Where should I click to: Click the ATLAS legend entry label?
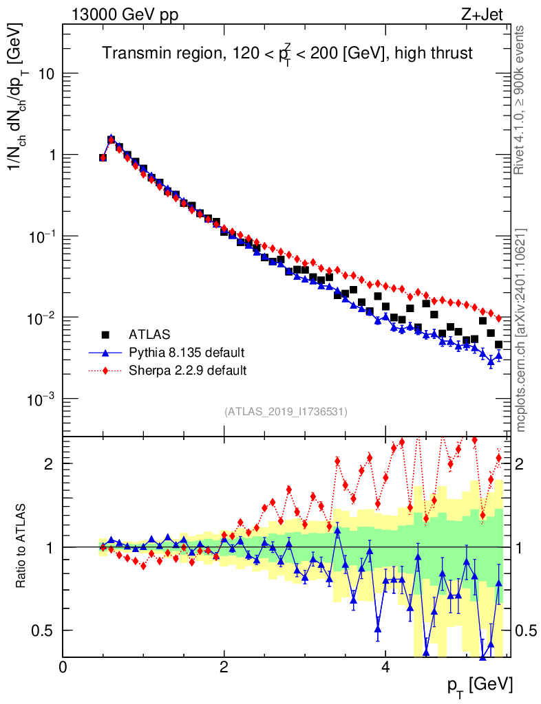pos(149,335)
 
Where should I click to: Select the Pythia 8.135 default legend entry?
pos(187,353)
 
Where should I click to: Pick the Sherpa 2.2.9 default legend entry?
pos(187,371)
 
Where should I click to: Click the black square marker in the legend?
pos(105,335)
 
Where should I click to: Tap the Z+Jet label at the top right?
pos(482,14)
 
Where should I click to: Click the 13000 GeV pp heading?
pos(125,14)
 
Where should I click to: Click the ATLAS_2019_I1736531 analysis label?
pos(286,412)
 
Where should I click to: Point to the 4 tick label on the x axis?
pos(385,667)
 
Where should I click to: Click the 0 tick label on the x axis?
pos(63,667)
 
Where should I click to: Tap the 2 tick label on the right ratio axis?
pos(519,464)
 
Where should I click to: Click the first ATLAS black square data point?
pos(103,157)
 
